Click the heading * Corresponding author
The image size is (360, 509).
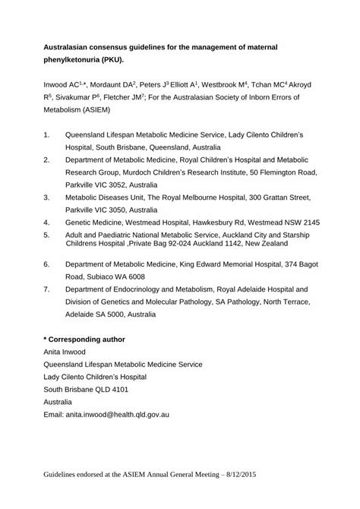(x=84, y=338)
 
